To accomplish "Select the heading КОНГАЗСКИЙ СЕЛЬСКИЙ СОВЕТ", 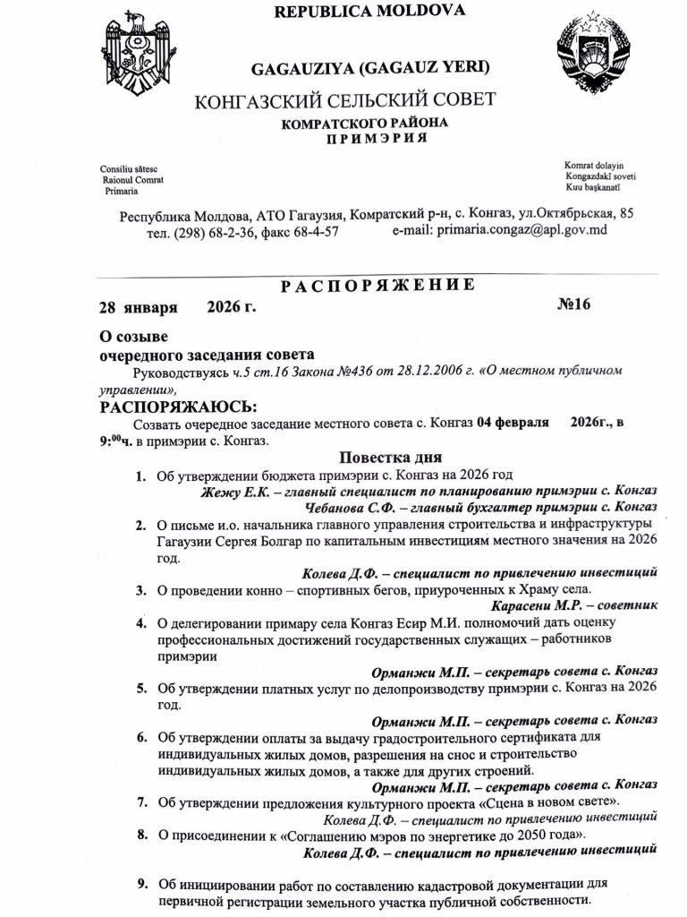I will click(x=345, y=99).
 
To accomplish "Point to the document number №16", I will click(x=574, y=304).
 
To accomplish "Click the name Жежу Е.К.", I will click(x=233, y=491).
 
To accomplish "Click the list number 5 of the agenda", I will click(x=141, y=689).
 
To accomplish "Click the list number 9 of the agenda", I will click(x=141, y=884).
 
